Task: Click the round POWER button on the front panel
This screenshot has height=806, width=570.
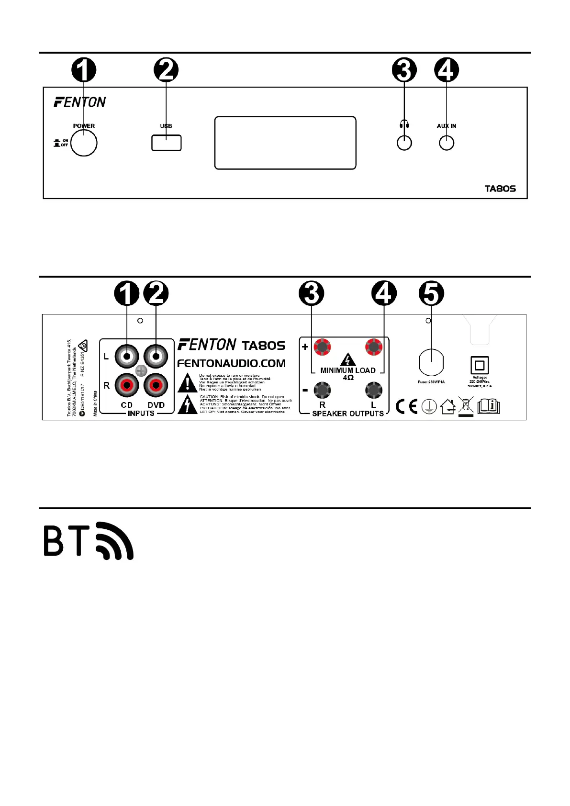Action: pyautogui.click(x=84, y=143)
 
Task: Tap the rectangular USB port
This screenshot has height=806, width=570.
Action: pyautogui.click(x=167, y=143)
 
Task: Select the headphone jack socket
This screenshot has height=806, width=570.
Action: pyautogui.click(x=404, y=143)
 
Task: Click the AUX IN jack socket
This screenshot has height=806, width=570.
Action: pyautogui.click(x=447, y=143)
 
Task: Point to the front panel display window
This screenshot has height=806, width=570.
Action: pyautogui.click(x=285, y=143)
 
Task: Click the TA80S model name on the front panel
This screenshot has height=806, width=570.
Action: pyautogui.click(x=500, y=189)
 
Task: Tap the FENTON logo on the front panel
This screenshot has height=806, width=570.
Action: pyautogui.click(x=80, y=102)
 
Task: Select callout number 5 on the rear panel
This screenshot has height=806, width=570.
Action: pyautogui.click(x=431, y=293)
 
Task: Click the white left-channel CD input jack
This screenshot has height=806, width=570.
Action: pyautogui.click(x=127, y=356)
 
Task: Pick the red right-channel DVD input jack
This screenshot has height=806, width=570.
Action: pyautogui.click(x=156, y=385)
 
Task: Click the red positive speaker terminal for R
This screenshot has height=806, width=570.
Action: pyautogui.click(x=322, y=347)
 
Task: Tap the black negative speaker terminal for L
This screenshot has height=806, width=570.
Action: pyautogui.click(x=374, y=391)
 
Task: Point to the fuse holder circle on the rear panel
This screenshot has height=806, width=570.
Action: pyautogui.click(x=431, y=363)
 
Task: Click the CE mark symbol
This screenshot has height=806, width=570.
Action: pyautogui.click(x=406, y=407)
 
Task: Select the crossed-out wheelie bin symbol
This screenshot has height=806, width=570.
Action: pyautogui.click(x=466, y=406)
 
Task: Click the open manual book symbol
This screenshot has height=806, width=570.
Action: pyautogui.click(x=488, y=406)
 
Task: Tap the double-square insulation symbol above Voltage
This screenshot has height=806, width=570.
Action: pyautogui.click(x=480, y=366)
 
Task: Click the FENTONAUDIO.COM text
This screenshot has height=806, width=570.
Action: pyautogui.click(x=231, y=363)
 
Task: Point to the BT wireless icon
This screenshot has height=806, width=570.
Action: pyautogui.click(x=89, y=541)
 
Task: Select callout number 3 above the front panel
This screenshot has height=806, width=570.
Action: pyautogui.click(x=404, y=70)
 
